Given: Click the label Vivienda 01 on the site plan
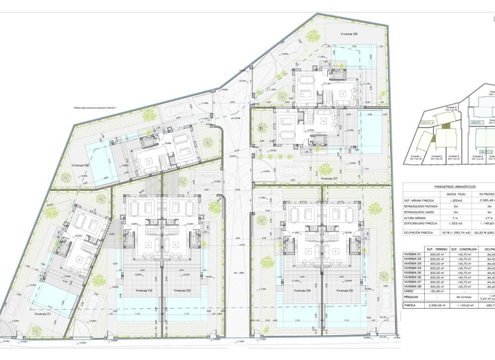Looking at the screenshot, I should [42, 314].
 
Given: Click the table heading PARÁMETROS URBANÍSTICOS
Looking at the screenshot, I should [455, 187].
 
